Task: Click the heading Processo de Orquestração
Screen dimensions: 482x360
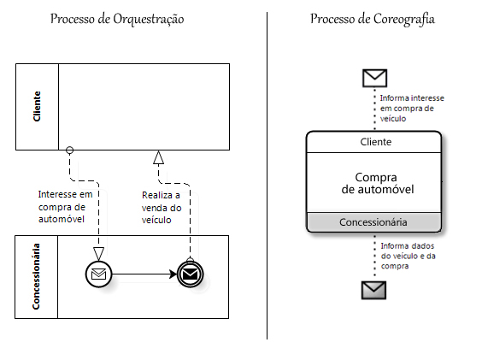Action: (117, 19)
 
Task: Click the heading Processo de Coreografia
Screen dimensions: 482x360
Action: (373, 19)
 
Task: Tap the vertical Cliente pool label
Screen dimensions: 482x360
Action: (37, 107)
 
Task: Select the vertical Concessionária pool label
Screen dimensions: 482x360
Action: (36, 276)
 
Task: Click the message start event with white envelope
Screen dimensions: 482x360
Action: (98, 274)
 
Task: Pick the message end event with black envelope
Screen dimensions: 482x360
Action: (191, 274)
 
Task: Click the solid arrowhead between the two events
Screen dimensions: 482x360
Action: (173, 274)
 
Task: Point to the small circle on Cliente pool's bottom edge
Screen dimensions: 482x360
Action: (70, 150)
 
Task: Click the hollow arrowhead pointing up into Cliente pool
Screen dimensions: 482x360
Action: (159, 157)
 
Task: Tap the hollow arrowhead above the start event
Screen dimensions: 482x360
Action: (98, 254)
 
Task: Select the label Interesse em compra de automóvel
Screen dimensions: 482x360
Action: (65, 207)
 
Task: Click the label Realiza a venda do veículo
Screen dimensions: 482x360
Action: (162, 208)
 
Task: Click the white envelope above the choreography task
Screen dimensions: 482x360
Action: (374, 78)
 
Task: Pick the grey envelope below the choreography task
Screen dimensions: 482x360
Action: (373, 290)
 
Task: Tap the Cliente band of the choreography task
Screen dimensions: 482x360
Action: (374, 142)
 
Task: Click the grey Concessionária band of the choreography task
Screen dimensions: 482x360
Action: (374, 222)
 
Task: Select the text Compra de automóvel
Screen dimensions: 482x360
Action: (378, 183)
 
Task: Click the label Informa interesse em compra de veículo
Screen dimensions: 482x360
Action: (412, 109)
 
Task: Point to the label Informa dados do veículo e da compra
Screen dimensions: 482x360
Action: (409, 256)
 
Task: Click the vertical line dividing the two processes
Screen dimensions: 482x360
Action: (267, 175)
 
